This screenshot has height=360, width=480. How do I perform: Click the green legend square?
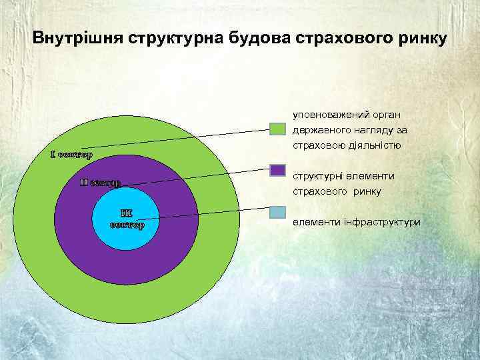(x=278, y=130)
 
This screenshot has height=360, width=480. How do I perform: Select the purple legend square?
(x=278, y=172)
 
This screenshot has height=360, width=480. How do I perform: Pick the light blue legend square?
(x=278, y=213)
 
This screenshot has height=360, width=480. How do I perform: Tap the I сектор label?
(x=71, y=155)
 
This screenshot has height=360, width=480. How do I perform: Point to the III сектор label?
(x=127, y=219)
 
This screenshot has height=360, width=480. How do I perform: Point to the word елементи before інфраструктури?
(x=316, y=221)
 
